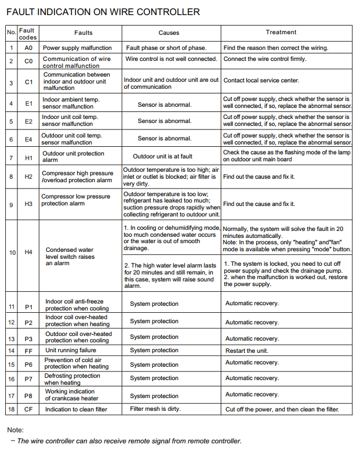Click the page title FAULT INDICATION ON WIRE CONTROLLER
[103, 12]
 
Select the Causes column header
[169, 33]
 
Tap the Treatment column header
[281, 32]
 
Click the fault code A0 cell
[28, 48]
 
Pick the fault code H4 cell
[28, 252]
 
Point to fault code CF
[28, 410]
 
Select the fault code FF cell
[28, 350]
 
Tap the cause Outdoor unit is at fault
[162, 156]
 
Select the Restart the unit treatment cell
[247, 350]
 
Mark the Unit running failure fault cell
[71, 350]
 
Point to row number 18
[11, 410]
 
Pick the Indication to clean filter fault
[76, 410]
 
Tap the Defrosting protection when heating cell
[72, 379]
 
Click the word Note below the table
[15, 430]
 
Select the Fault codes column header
[27, 34]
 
